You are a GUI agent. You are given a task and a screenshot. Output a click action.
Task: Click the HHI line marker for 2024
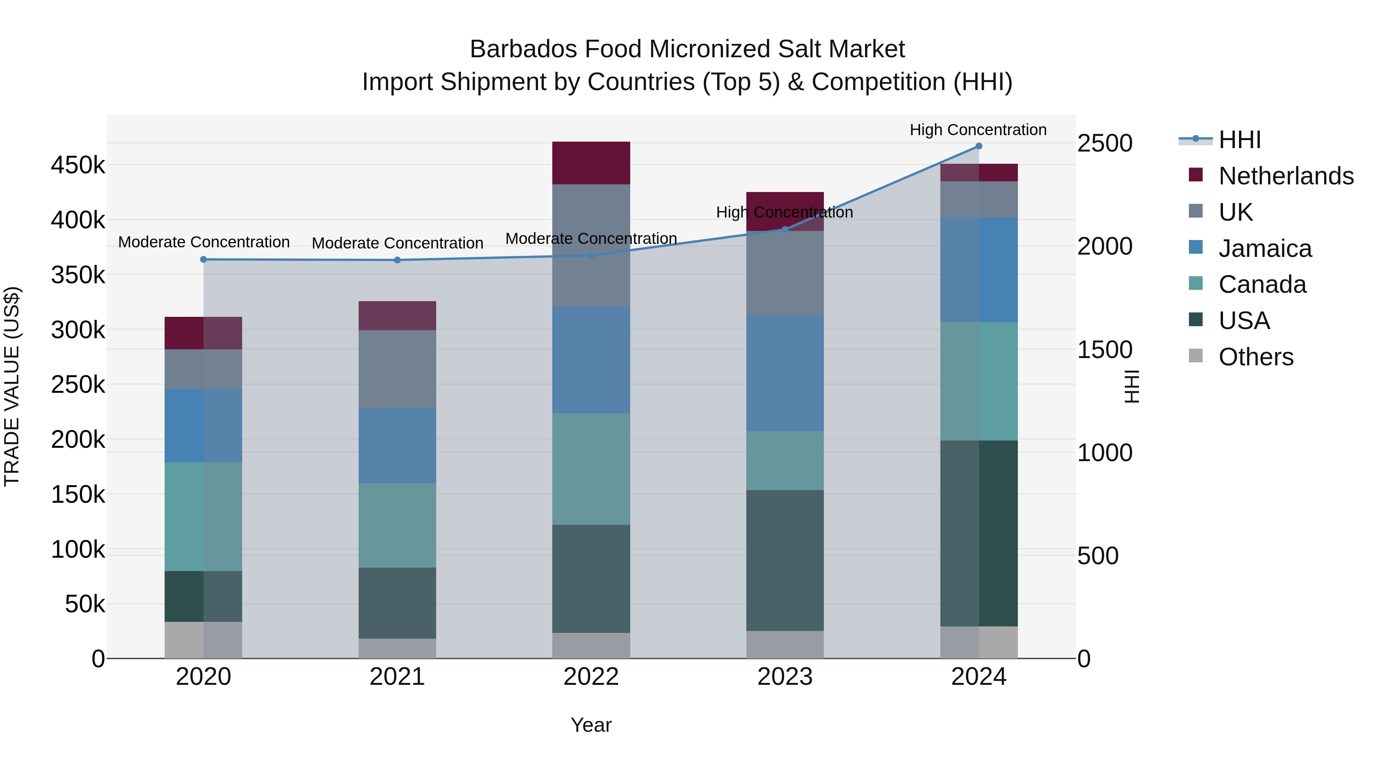pyautogui.click(x=979, y=146)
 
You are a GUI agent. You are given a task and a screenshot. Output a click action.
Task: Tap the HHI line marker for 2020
pyautogui.click(x=203, y=259)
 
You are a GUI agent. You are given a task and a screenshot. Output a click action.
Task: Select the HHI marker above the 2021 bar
pyautogui.click(x=397, y=260)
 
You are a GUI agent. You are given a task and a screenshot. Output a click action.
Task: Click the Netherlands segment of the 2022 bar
pyautogui.click(x=591, y=163)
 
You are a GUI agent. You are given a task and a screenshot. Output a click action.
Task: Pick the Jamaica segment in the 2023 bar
pyautogui.click(x=785, y=373)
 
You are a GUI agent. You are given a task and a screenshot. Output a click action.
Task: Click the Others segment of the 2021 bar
pyautogui.click(x=397, y=648)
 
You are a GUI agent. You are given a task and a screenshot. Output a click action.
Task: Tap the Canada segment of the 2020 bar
pyautogui.click(x=203, y=516)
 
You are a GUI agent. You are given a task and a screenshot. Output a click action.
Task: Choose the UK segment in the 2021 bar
pyautogui.click(x=397, y=369)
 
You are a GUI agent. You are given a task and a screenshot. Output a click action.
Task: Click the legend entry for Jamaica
pyautogui.click(x=1265, y=249)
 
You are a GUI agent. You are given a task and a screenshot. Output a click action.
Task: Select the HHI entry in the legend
pyautogui.click(x=1239, y=140)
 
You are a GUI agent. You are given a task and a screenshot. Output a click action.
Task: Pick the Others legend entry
pyautogui.click(x=1255, y=357)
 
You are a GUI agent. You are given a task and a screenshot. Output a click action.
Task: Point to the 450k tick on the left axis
pyautogui.click(x=78, y=165)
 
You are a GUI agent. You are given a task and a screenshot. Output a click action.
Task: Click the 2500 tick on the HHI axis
pyautogui.click(x=1104, y=144)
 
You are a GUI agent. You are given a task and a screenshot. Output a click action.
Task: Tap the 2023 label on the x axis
pyautogui.click(x=785, y=677)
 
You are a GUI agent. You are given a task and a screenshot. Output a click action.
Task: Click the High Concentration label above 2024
pyautogui.click(x=978, y=130)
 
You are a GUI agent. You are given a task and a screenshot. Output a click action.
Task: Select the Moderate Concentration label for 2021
pyautogui.click(x=397, y=243)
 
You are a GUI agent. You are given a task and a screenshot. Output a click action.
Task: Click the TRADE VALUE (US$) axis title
pyautogui.click(x=12, y=386)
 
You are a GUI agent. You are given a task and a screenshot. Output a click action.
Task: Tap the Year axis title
pyautogui.click(x=591, y=725)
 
